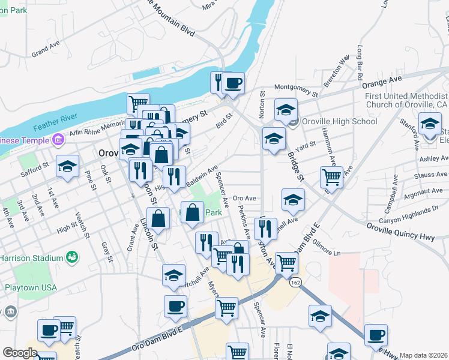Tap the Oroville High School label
[339, 121]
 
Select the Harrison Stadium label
[30, 257]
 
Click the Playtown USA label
[31, 287]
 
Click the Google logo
[20, 353]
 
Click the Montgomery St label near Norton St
[296, 90]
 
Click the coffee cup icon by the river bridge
[234, 83]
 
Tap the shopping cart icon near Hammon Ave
[331, 177]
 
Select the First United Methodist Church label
[406, 100]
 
